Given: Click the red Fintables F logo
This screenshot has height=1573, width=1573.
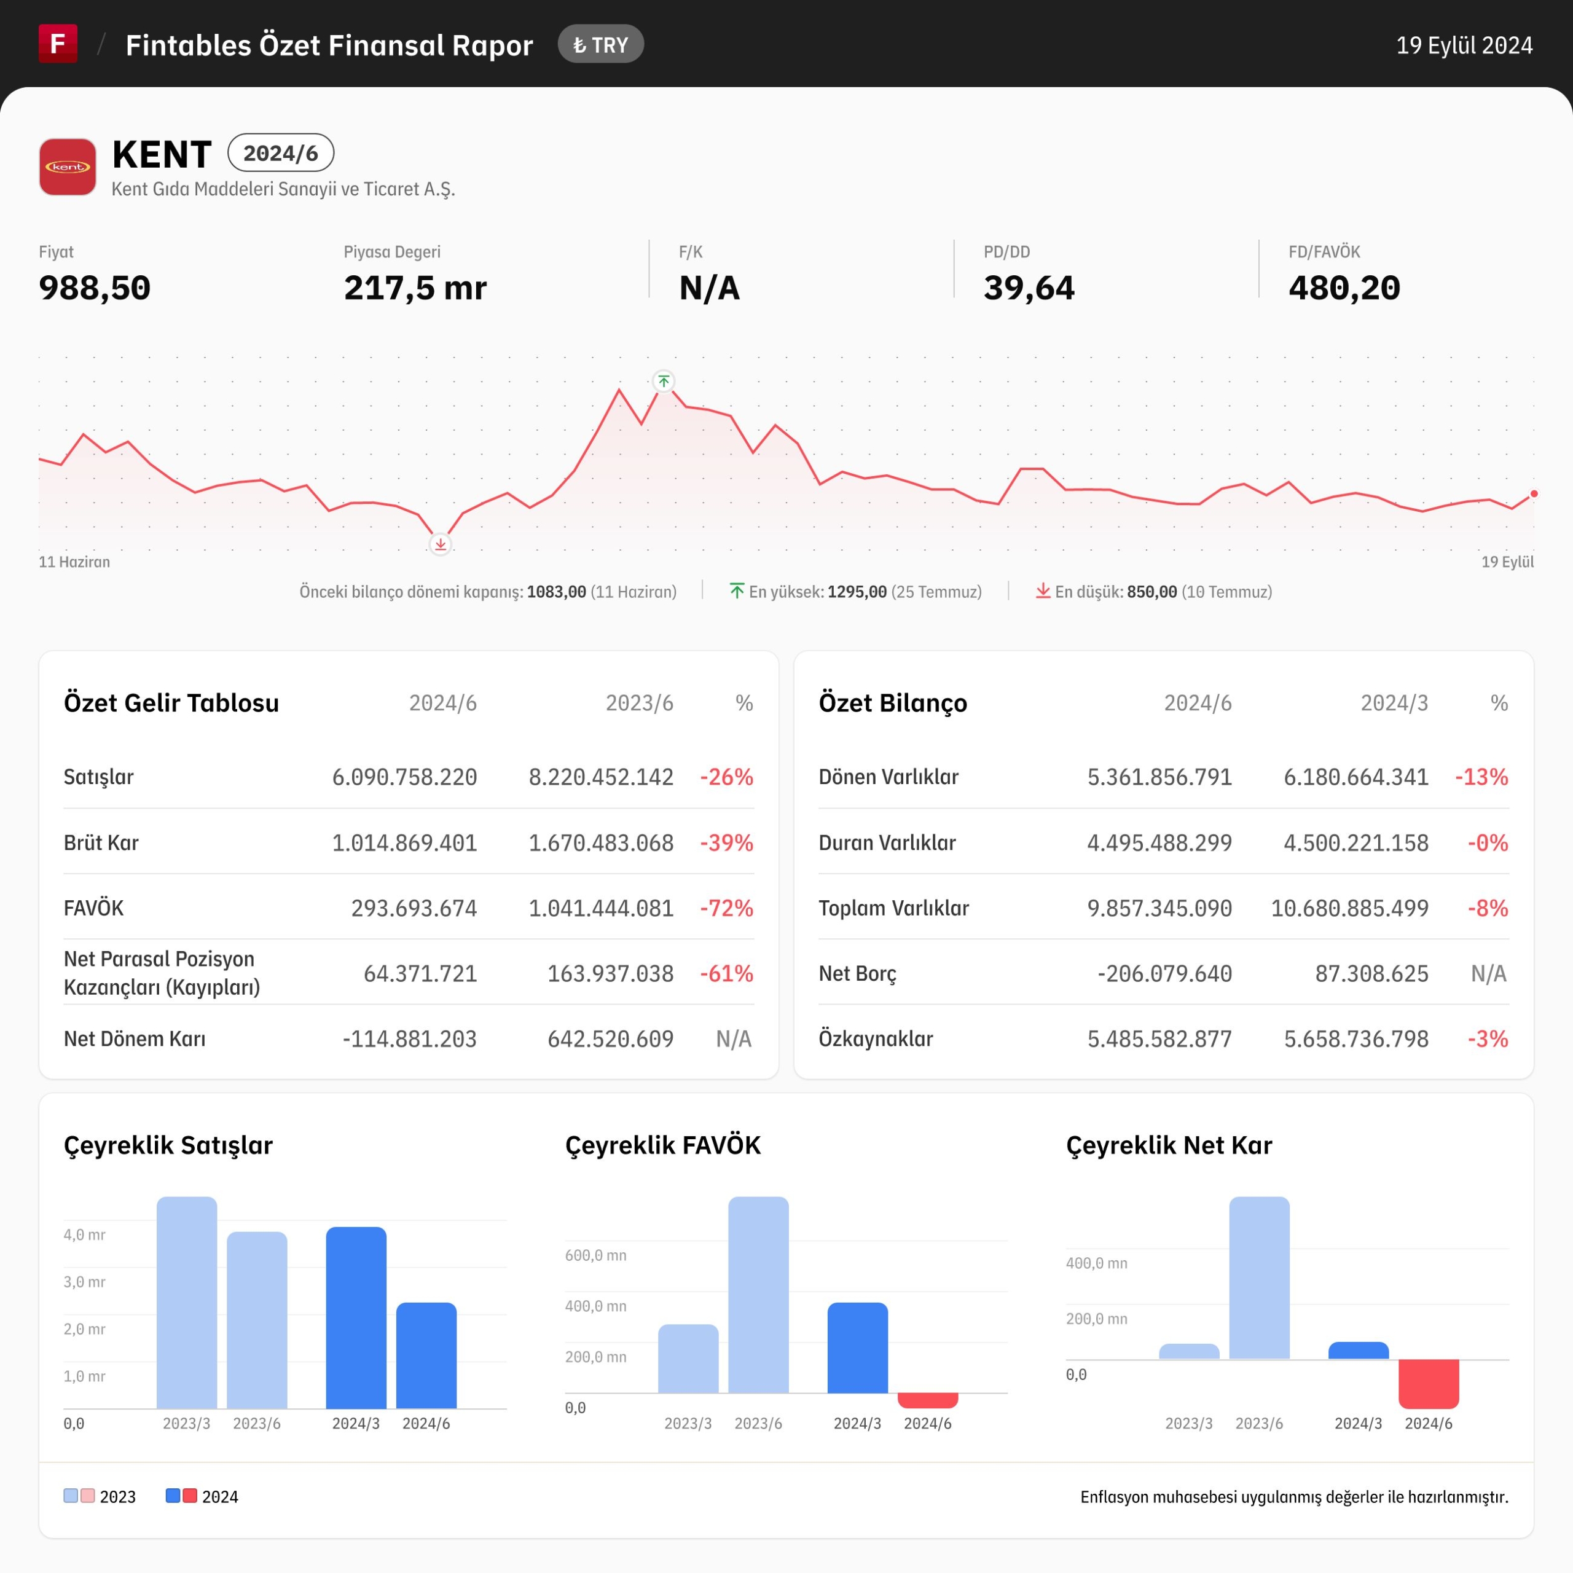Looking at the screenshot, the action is tap(58, 43).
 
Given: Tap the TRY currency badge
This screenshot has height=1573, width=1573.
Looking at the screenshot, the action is tap(601, 45).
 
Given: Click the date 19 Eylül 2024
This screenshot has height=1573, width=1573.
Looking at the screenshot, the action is tap(1464, 45).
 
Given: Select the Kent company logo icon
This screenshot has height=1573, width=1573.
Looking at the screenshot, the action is tap(68, 167).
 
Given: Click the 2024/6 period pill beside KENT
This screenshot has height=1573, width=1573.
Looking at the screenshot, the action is tap(281, 153).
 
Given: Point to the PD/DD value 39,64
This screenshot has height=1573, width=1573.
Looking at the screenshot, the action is tap(1029, 288).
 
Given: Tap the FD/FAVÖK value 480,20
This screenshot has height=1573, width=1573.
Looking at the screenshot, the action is tap(1344, 288).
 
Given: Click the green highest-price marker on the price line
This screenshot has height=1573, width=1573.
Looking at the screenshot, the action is tap(664, 381).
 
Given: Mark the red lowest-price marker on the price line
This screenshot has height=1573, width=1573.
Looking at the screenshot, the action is tap(441, 544).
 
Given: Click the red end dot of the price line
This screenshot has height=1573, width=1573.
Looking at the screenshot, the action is tap(1534, 494).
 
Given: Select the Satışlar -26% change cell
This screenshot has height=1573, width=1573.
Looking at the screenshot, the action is tap(727, 777).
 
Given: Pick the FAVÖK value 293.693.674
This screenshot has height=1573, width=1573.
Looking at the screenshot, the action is tap(414, 908).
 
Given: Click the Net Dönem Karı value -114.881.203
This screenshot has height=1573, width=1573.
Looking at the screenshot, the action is tap(410, 1039).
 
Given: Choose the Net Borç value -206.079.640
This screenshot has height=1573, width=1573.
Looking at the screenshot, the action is tap(1165, 974).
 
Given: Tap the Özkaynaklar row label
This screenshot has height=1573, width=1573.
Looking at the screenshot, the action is tap(876, 1039).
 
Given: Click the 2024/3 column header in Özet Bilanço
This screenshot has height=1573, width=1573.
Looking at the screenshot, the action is tap(1395, 703).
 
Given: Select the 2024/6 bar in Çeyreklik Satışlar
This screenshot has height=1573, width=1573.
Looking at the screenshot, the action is tap(426, 1355).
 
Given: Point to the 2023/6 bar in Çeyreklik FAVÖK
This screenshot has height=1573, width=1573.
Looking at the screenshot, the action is tap(759, 1295).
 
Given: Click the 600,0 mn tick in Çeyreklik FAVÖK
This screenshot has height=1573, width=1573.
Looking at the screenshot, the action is tap(596, 1255).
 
